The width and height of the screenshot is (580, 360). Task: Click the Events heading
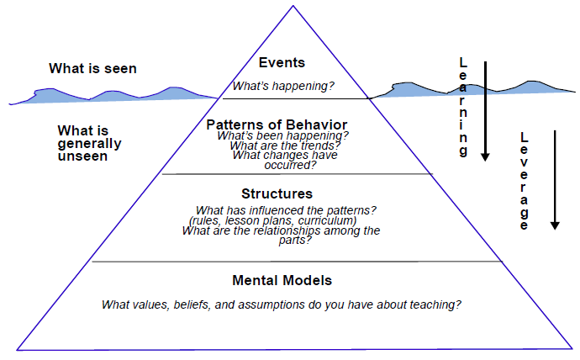tap(282, 62)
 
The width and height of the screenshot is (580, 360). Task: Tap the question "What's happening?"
tap(283, 86)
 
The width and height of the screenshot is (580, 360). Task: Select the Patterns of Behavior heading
tap(277, 124)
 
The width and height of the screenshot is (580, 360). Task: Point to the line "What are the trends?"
tap(285, 146)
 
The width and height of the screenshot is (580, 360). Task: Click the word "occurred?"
tap(290, 165)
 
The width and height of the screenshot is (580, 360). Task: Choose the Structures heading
tap(277, 193)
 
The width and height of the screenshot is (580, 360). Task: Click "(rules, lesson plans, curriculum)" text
tap(273, 220)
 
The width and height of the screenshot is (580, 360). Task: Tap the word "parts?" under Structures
tap(295, 240)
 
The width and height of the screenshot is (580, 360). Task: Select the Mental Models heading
tap(282, 280)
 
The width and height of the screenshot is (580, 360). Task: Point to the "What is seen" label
tap(92, 68)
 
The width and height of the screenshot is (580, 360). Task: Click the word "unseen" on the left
tap(82, 156)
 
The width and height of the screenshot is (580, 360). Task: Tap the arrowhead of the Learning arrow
tap(485, 157)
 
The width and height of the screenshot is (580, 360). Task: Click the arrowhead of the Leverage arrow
tap(555, 225)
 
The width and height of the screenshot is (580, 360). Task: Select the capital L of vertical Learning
tap(463, 62)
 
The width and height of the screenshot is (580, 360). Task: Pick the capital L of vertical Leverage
tap(525, 138)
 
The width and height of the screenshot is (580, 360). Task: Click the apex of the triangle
tap(293, 6)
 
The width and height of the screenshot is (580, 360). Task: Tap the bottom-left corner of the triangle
tap(17, 350)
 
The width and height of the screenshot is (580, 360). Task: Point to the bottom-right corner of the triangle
tap(572, 348)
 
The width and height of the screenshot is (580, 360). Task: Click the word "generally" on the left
tap(89, 144)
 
